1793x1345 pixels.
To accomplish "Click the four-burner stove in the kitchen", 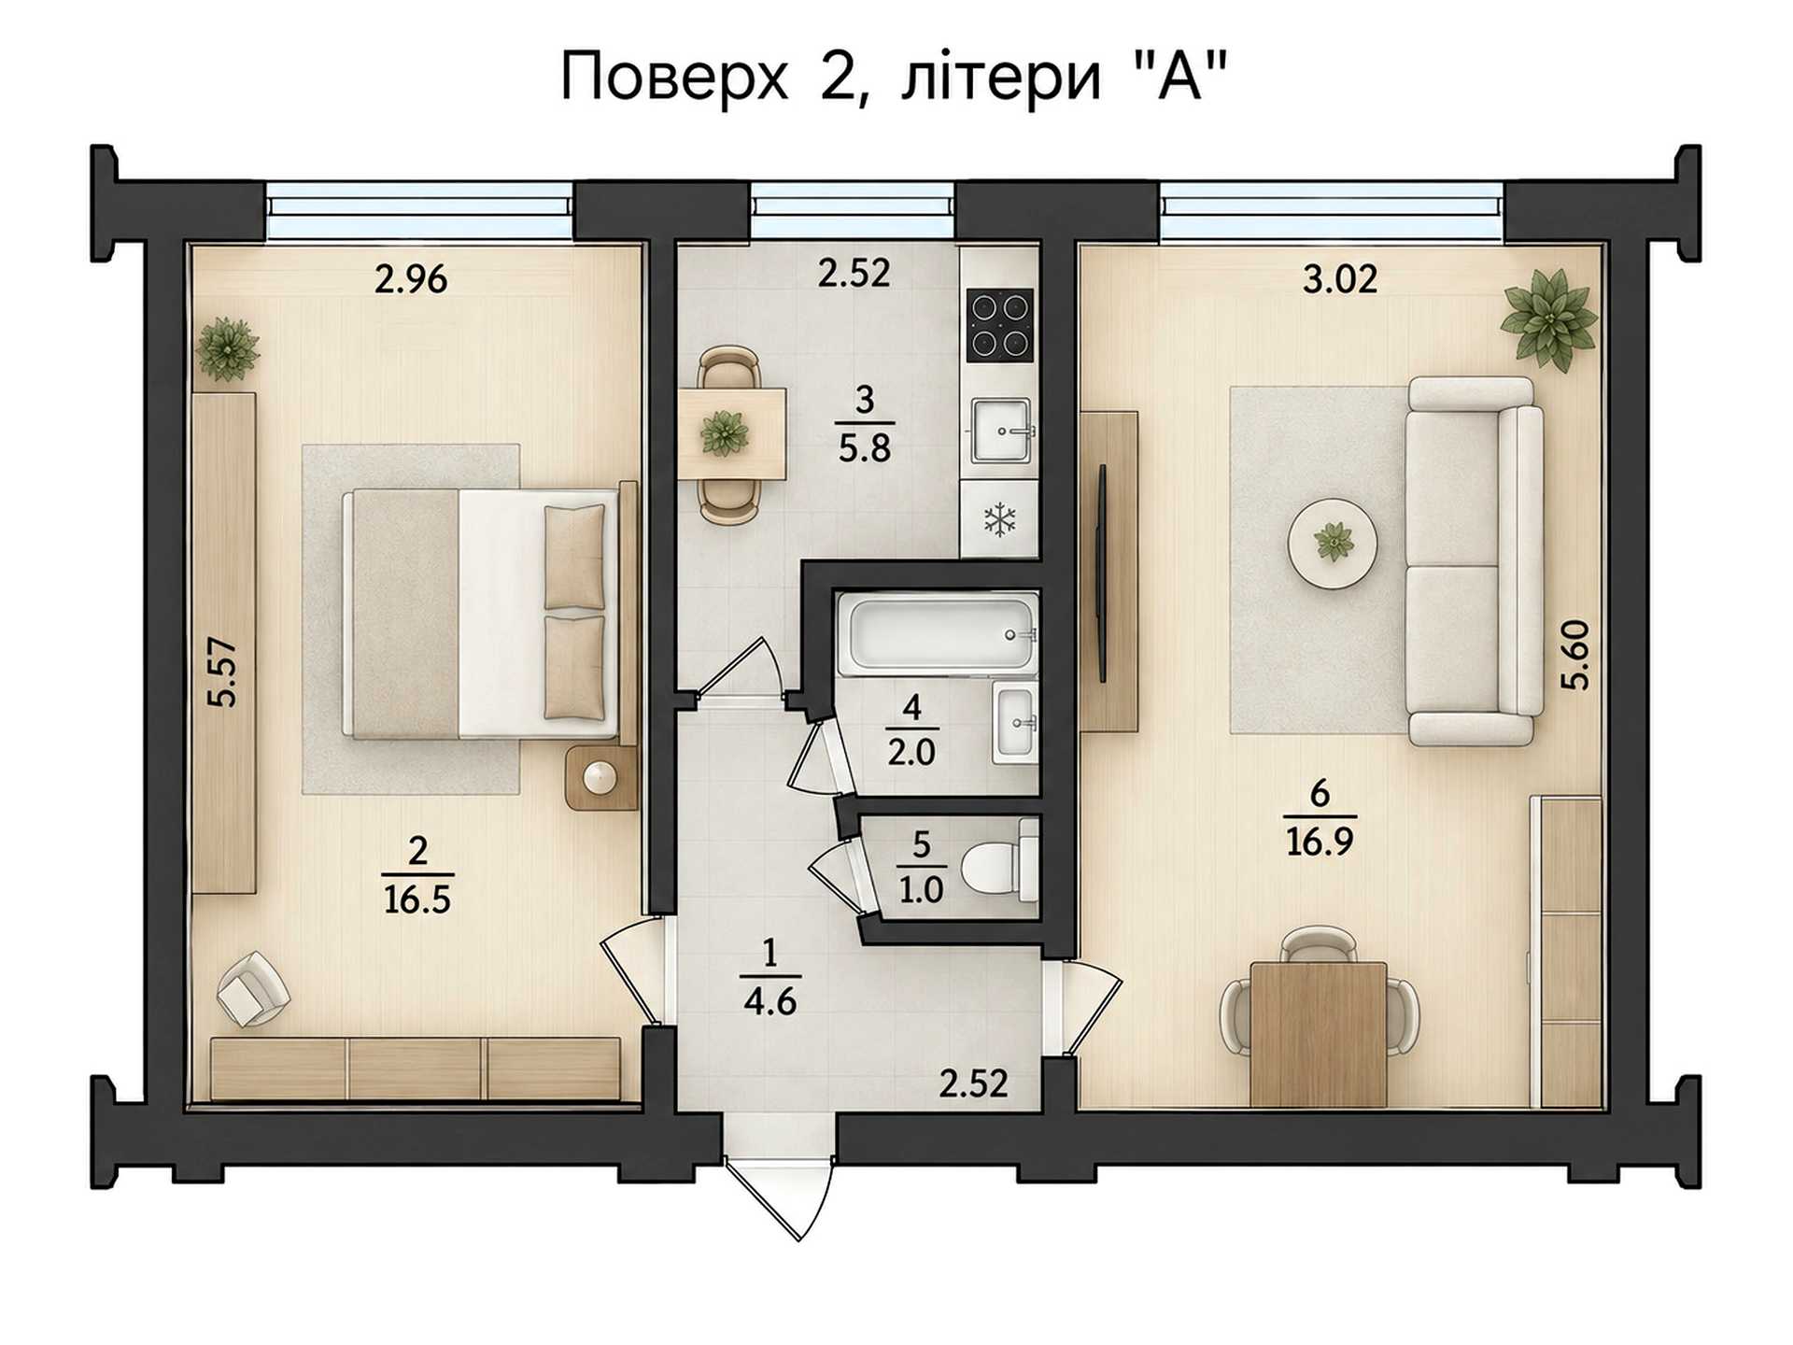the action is tap(1000, 324).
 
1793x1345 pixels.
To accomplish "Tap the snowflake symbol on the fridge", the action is tap(1000, 519).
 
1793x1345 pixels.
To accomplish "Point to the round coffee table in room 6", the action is tap(1333, 543).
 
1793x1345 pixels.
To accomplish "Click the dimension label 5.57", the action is tap(222, 672).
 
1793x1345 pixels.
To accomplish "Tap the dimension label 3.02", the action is tap(1340, 279).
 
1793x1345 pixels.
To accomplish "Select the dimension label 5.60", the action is tap(1574, 655).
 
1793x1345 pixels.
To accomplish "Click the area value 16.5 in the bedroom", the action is tap(416, 899).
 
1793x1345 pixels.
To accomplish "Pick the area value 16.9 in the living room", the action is tap(1320, 842).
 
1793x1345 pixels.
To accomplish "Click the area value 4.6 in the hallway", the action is tap(770, 1001).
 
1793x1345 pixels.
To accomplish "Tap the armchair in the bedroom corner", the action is tap(253, 988).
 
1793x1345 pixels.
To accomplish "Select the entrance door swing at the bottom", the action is tap(777, 1199).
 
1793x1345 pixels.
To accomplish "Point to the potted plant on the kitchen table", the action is tap(725, 433).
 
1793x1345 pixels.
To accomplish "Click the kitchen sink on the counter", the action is tap(1001, 431).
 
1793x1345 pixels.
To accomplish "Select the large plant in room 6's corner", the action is tap(1548, 318).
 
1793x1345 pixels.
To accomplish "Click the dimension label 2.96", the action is tap(411, 279).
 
